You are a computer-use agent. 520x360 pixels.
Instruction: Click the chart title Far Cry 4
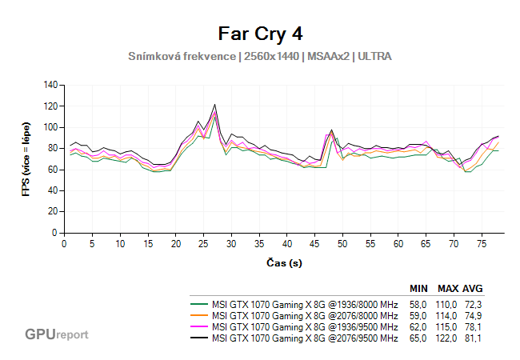point(260,34)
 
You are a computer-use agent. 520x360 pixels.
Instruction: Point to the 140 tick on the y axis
point(51,85)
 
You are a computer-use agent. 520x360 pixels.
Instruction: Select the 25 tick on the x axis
point(204,243)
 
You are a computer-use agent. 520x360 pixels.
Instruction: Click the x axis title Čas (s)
point(284,262)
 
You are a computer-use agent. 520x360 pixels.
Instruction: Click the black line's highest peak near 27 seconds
point(214,105)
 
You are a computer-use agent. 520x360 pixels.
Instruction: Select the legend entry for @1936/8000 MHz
point(305,305)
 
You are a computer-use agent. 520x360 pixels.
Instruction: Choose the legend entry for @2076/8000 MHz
point(305,316)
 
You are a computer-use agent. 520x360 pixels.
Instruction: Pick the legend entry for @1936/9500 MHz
point(305,327)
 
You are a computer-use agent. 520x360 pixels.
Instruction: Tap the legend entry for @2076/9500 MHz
point(305,338)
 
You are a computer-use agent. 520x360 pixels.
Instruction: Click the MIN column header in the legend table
point(418,289)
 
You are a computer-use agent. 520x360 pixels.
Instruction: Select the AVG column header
point(473,289)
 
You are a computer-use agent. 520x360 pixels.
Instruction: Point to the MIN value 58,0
point(418,305)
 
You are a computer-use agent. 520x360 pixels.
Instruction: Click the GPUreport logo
point(56,334)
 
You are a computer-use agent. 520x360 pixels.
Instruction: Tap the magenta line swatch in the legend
point(199,327)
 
